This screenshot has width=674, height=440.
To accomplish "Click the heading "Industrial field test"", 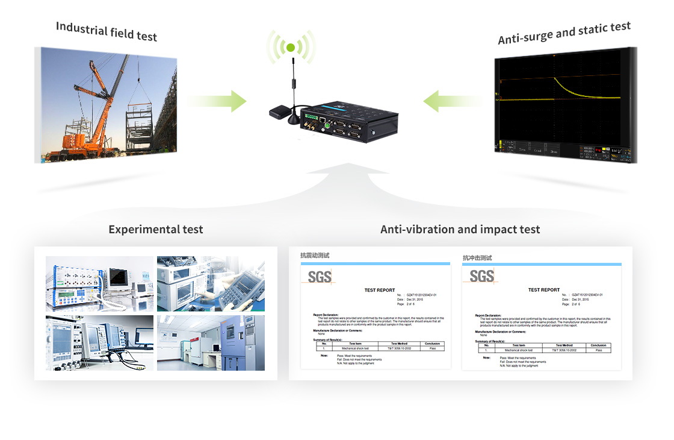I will (107, 31).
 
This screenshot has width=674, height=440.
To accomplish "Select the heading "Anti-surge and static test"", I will (564, 33).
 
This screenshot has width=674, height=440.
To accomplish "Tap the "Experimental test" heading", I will (156, 230).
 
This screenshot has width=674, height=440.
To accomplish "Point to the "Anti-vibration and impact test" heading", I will (460, 230).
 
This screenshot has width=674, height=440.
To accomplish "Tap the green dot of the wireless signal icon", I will (291, 48).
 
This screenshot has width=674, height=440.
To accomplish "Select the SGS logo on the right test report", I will (481, 277).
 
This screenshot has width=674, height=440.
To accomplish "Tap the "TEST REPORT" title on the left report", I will (380, 291).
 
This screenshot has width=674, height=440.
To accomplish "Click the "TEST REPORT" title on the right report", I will (544, 290).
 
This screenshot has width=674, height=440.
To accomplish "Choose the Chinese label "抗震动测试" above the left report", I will (315, 256).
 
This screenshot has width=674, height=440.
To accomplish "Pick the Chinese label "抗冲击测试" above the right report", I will (477, 258).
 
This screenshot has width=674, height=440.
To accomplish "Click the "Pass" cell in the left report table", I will (433, 348).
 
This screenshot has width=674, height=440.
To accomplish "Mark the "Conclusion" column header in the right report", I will (598, 345).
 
